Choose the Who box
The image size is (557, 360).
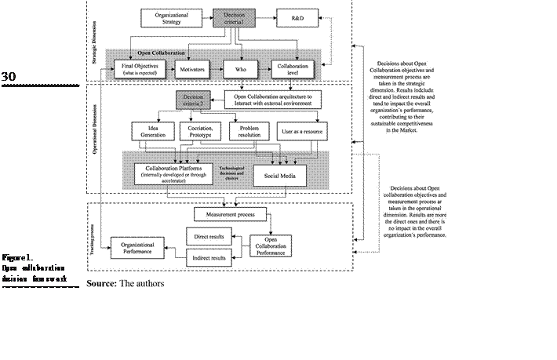[242, 68]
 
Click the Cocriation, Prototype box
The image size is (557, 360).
[202, 130]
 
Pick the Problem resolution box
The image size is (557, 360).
[249, 130]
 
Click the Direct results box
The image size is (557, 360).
[208, 235]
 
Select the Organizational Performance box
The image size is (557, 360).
[137, 247]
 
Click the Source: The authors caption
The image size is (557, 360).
[126, 282]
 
